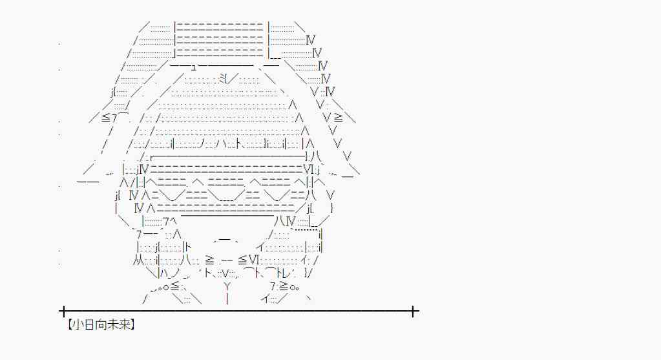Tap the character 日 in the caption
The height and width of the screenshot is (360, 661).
(x=87, y=325)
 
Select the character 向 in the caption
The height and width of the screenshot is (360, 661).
(x=98, y=325)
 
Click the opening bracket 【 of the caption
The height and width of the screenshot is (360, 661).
(x=66, y=325)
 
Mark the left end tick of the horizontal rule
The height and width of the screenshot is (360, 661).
(x=63, y=312)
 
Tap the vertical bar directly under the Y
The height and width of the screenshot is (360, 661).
(x=227, y=299)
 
